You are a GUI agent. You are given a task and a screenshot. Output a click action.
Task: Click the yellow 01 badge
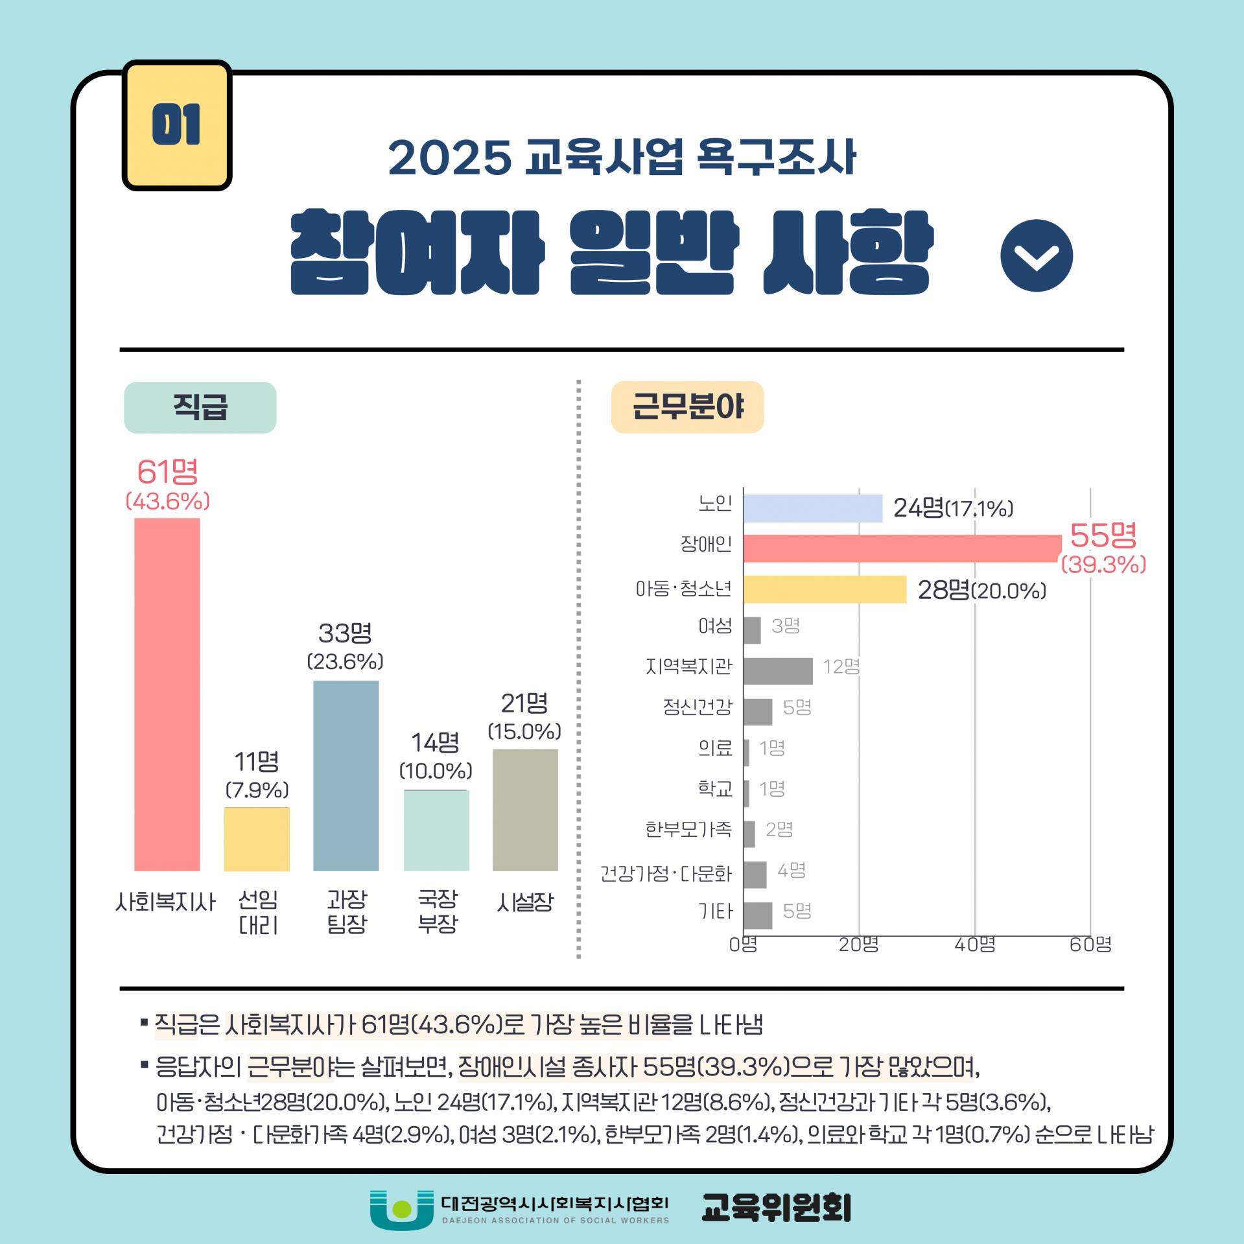click(x=177, y=125)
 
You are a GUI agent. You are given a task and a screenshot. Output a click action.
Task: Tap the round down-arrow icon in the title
click(x=1037, y=255)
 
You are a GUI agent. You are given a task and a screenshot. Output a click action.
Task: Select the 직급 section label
click(x=200, y=407)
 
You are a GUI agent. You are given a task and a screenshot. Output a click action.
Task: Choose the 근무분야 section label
click(x=688, y=407)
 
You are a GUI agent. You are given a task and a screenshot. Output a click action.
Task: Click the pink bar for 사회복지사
click(x=167, y=694)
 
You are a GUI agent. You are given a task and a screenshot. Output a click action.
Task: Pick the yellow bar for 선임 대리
click(x=257, y=839)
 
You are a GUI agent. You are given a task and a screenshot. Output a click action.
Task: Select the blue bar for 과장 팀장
click(x=346, y=775)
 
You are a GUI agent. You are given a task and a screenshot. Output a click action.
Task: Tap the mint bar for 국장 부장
click(x=436, y=830)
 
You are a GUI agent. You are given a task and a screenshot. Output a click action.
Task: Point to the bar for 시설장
click(x=525, y=810)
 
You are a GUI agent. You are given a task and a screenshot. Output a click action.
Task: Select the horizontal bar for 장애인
click(x=902, y=548)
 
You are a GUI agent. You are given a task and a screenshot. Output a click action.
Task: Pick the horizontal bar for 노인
click(x=813, y=508)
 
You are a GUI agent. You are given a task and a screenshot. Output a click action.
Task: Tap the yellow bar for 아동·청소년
click(x=825, y=589)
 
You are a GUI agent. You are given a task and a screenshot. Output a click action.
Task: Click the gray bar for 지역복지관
click(x=778, y=670)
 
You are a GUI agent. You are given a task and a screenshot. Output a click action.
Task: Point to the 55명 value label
click(x=1103, y=535)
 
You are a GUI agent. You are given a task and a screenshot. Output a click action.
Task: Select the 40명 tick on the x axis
click(x=975, y=945)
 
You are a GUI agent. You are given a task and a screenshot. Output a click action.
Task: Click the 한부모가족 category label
click(x=688, y=829)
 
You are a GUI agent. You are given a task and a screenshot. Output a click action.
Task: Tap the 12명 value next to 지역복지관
click(x=841, y=666)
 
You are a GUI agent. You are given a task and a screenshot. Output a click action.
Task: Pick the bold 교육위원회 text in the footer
click(x=777, y=1208)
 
